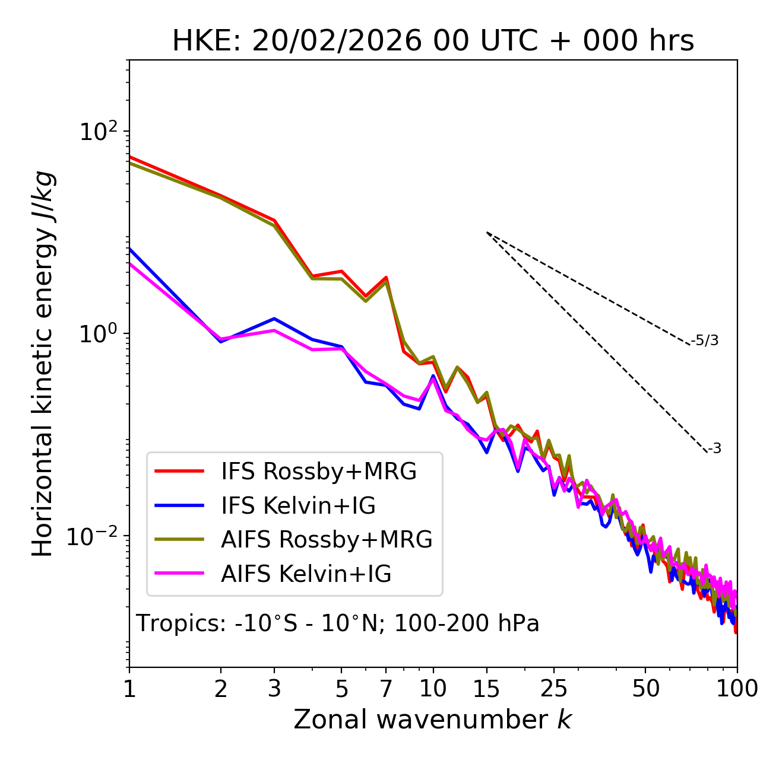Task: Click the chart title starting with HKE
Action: pyautogui.click(x=433, y=42)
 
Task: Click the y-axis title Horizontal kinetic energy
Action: pyautogui.click(x=43, y=364)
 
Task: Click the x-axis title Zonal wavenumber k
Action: pyautogui.click(x=433, y=720)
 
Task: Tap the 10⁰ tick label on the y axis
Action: pyautogui.click(x=99, y=334)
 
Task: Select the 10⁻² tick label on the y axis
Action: pyautogui.click(x=95, y=537)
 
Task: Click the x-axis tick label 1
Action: pyautogui.click(x=129, y=689)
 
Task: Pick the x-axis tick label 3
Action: pyautogui.click(x=274, y=689)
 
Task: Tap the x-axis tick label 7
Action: pyautogui.click(x=386, y=689)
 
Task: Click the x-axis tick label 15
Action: pyautogui.click(x=486, y=689)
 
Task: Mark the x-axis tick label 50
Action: pyautogui.click(x=645, y=689)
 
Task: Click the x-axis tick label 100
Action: pyautogui.click(x=737, y=689)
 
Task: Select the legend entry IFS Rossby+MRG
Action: pyautogui.click(x=319, y=472)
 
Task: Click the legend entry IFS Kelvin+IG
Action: pyautogui.click(x=298, y=506)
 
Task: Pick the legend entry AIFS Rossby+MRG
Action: pyautogui.click(x=327, y=540)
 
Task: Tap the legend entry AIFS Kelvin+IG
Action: pyautogui.click(x=306, y=574)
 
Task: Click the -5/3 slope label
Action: pyautogui.click(x=705, y=340)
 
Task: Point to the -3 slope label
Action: pyautogui.click(x=714, y=449)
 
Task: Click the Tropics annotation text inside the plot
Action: pyautogui.click(x=338, y=623)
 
